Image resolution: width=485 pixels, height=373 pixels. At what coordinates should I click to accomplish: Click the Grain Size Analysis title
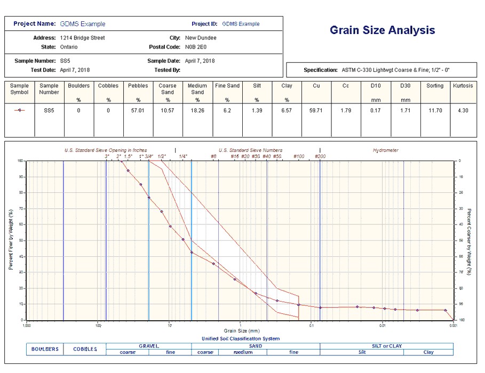tap(382, 30)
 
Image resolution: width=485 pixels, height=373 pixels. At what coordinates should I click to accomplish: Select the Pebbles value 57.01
tap(138, 110)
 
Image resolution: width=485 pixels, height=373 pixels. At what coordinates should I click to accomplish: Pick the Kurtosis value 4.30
tap(463, 110)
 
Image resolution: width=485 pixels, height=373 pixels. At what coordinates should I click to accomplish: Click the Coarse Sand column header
tap(168, 88)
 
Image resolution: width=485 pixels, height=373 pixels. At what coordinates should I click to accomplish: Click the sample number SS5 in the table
tap(49, 110)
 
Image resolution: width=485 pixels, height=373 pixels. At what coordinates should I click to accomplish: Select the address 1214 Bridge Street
tap(83, 38)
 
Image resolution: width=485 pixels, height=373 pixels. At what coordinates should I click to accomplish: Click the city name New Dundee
tap(201, 38)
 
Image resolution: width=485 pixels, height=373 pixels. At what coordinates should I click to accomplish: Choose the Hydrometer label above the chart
tap(385, 150)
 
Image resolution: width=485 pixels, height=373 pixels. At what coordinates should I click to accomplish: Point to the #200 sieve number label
tap(320, 157)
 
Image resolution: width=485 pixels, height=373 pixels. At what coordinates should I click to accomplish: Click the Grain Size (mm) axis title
tap(240, 331)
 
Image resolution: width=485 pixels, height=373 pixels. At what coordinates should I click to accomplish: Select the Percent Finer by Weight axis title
tap(11, 239)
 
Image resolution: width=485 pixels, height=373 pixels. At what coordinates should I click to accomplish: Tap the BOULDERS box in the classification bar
tap(45, 349)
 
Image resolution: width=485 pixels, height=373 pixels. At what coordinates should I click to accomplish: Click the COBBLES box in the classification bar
tap(85, 349)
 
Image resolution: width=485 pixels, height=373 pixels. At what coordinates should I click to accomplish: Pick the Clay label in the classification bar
tap(428, 352)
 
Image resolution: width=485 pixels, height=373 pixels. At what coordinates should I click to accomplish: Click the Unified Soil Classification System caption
tap(240, 338)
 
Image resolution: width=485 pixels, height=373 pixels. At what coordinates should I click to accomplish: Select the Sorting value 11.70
tap(434, 110)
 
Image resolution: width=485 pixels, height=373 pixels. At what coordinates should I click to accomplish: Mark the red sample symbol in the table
tap(19, 110)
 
